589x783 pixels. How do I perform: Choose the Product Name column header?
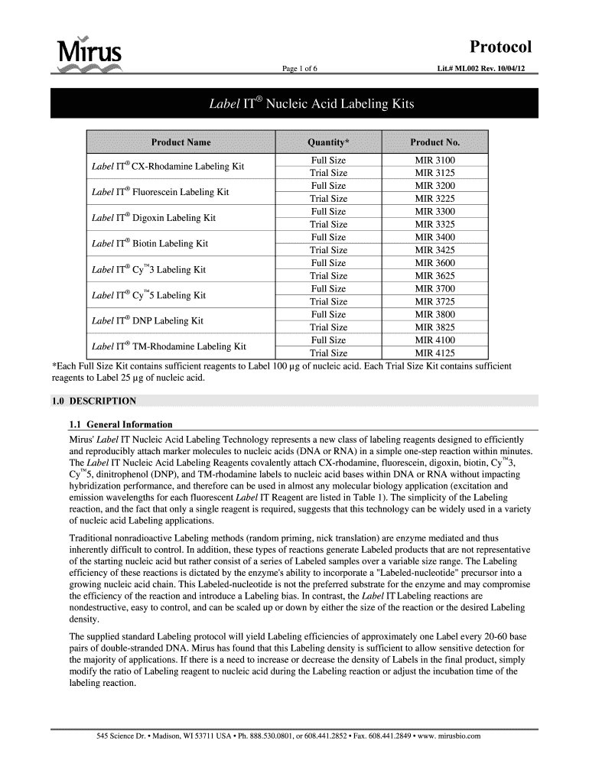181,142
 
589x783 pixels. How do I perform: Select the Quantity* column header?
328,142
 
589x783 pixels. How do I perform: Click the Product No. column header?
434,142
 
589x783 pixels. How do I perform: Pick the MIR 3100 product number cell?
434,161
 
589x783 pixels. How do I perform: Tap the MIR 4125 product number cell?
434,353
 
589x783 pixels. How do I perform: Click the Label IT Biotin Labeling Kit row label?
150,244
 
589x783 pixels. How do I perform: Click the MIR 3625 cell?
434,276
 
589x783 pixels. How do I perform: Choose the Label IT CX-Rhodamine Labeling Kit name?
168,167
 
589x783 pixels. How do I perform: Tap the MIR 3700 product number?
434,289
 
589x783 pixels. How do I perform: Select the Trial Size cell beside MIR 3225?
328,199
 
